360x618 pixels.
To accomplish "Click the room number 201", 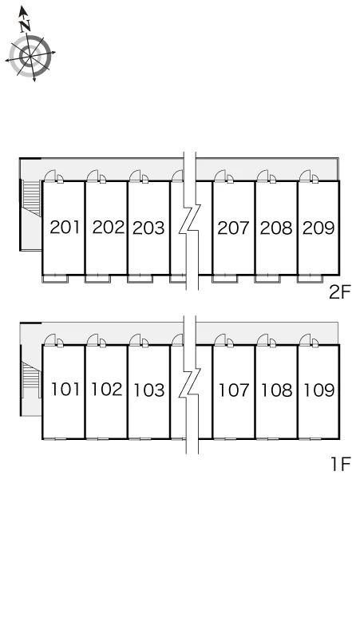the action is click(x=65, y=228).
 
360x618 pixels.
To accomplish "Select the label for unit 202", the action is click(x=109, y=228).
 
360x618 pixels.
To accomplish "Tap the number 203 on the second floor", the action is click(x=148, y=228).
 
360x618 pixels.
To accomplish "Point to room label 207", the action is click(x=234, y=228).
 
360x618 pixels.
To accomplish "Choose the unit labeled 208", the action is click(x=276, y=228).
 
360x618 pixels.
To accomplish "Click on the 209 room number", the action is click(x=318, y=228).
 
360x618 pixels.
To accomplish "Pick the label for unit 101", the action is click(x=65, y=390).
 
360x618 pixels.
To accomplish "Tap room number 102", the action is click(x=107, y=390).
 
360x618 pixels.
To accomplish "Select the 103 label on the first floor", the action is click(x=149, y=390).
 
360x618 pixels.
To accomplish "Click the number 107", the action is click(x=235, y=390).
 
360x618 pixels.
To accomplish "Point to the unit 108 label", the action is click(x=277, y=390).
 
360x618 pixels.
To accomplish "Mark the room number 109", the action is click(x=319, y=390).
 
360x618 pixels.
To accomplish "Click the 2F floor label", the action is click(x=340, y=292).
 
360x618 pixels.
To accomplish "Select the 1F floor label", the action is click(x=341, y=464).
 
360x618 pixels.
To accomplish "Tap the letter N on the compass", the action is click(x=26, y=26).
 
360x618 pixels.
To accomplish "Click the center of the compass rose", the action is click(x=30, y=57).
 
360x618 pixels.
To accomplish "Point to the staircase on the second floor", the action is click(x=32, y=197).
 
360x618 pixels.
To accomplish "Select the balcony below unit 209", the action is click(x=310, y=279).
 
